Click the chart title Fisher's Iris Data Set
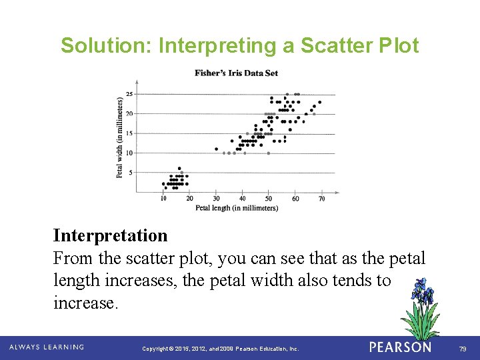click(236, 73)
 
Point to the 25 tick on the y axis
click(129, 94)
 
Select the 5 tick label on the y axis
click(131, 173)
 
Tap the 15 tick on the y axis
click(129, 133)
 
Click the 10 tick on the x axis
click(163, 199)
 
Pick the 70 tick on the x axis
click(321, 199)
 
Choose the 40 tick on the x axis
click(243, 199)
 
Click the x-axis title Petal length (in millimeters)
click(237, 208)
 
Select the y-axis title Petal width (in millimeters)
click(120, 137)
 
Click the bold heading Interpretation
click(111, 235)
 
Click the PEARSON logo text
click(400, 347)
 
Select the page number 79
click(461, 348)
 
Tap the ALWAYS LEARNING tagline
click(46, 347)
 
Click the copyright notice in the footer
click(221, 349)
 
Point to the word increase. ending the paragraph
click(86, 303)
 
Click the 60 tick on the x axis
click(295, 199)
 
